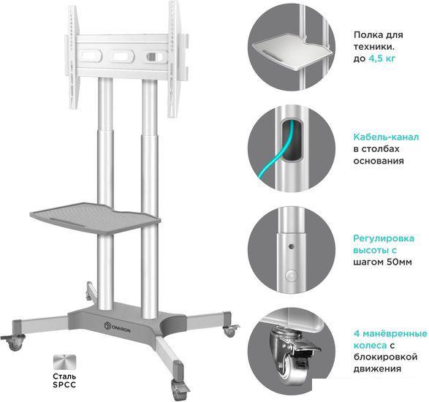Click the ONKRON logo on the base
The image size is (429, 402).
(118, 327)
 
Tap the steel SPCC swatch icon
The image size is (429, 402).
(64, 362)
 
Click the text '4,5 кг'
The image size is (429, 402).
(382, 58)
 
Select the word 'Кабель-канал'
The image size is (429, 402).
(386, 137)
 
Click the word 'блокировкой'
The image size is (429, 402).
(385, 357)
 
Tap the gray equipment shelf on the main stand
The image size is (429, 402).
(95, 218)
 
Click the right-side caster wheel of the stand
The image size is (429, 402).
(230, 330)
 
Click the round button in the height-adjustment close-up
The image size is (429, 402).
(291, 275)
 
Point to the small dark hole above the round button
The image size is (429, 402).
(292, 246)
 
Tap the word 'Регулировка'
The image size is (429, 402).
(384, 238)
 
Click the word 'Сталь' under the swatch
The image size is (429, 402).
(64, 376)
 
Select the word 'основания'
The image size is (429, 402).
(379, 161)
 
